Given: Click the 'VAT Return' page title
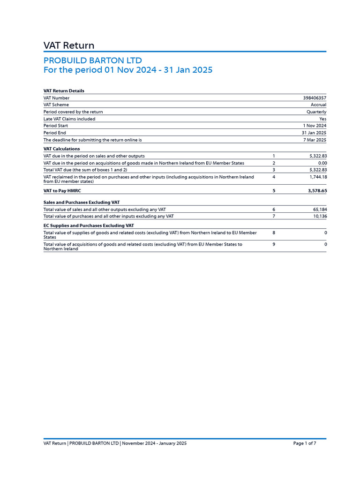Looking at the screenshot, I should click(69, 45).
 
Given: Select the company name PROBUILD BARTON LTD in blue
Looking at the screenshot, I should click(92, 60).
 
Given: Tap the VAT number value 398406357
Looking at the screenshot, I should click(315, 98).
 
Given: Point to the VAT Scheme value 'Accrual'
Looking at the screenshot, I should click(318, 105).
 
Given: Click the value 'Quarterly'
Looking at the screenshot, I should click(316, 112).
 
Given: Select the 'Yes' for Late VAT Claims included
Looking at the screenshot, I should click(322, 119).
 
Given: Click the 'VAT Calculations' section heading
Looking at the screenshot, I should click(61, 149).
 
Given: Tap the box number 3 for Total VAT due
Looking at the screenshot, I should click(274, 170).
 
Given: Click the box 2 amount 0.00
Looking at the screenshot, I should click(322, 163).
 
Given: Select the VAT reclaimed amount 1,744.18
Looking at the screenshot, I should click(318, 177).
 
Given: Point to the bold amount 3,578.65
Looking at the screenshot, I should click(317, 191).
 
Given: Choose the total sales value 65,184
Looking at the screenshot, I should click(319, 209).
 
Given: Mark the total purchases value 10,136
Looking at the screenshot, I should click(319, 216).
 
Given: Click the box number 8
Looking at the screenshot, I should click(274, 232).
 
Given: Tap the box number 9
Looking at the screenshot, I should click(274, 244).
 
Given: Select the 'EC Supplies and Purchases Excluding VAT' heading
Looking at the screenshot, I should click(89, 225).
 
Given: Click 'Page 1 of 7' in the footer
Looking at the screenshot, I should click(305, 443).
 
